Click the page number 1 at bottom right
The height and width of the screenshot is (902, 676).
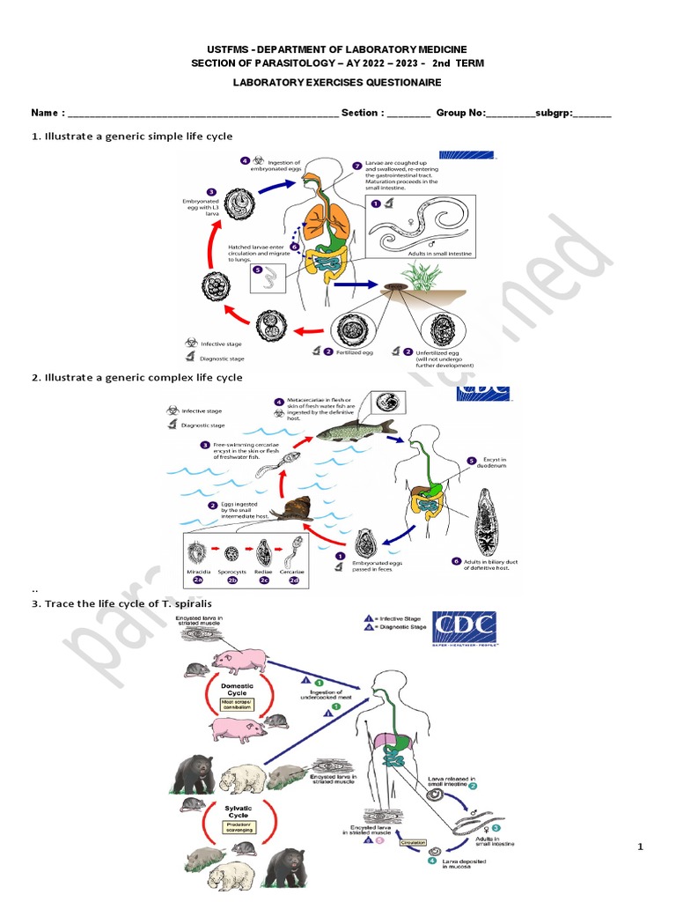[x=642, y=847]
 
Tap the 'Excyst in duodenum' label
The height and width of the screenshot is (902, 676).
[x=496, y=464]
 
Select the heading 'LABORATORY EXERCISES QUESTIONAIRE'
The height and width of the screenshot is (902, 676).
[x=337, y=82]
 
